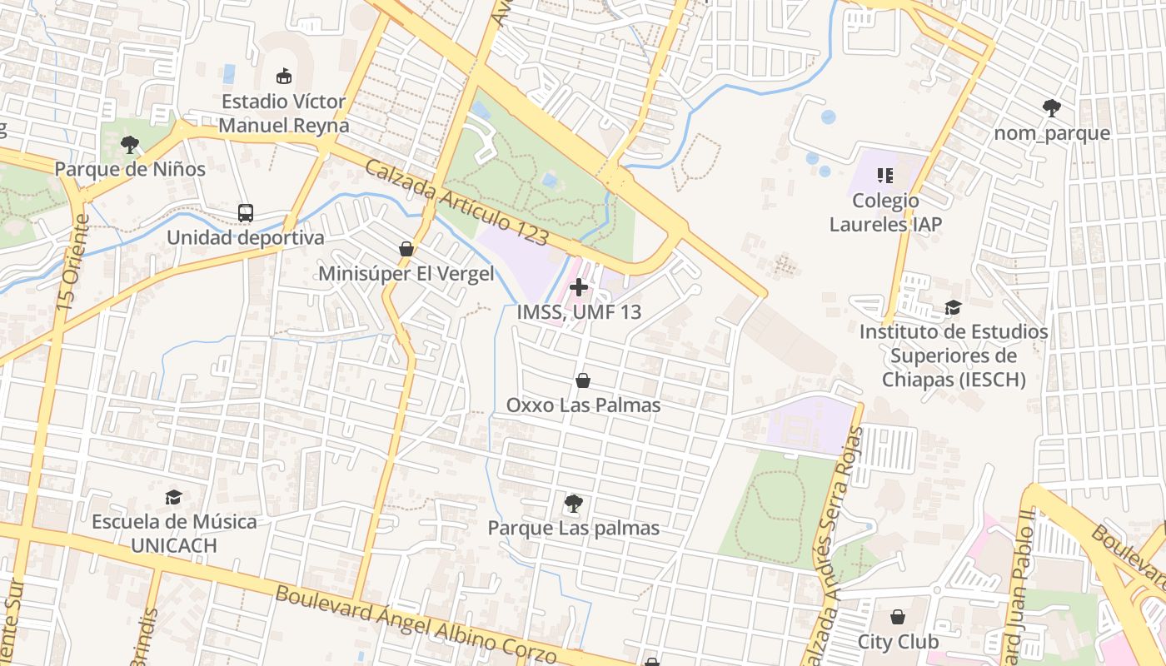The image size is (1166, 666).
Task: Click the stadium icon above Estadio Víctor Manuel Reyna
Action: point(284,77)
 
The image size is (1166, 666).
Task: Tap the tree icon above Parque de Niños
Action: point(129,145)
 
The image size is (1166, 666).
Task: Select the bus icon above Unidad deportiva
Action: point(245,213)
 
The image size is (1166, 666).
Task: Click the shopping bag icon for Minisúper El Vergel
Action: point(406,249)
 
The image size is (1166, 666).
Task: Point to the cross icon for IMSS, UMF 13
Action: point(579,287)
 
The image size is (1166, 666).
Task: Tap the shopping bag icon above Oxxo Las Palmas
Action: point(583,380)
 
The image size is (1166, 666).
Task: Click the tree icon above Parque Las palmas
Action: point(573,504)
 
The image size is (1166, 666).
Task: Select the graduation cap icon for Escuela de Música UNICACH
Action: point(173,498)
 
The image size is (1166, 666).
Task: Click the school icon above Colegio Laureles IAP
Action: point(884,176)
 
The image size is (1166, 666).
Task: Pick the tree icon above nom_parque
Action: point(1051,107)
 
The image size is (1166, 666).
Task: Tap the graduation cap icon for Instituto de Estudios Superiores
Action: point(953,308)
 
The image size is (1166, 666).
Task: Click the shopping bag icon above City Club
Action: point(898,617)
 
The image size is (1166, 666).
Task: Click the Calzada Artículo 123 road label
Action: point(456,203)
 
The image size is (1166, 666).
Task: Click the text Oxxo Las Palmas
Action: point(583,405)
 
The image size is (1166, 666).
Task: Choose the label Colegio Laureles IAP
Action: point(885,212)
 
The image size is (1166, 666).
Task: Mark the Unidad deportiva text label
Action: point(245,238)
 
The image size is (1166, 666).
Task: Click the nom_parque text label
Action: point(1051,133)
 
